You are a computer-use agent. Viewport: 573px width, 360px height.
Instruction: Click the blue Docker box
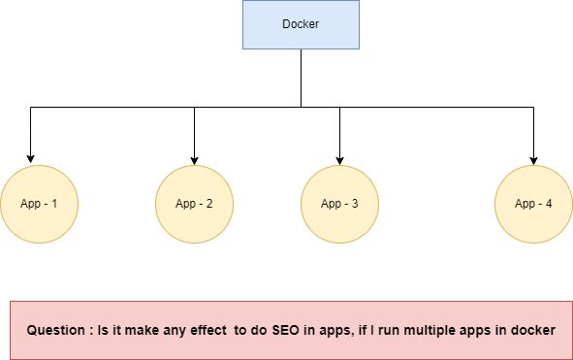[301, 24]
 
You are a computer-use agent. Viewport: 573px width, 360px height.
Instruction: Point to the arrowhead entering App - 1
[30, 158]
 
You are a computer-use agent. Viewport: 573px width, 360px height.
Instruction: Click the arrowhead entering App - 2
[194, 158]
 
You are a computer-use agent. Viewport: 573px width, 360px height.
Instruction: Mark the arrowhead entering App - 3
[339, 158]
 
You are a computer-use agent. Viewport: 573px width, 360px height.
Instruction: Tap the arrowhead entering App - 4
[533, 158]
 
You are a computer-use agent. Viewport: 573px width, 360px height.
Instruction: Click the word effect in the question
[205, 330]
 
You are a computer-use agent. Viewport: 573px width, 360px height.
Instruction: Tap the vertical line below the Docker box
[301, 78]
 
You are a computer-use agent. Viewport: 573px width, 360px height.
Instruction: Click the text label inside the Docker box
[301, 24]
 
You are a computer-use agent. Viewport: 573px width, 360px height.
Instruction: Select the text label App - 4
[533, 204]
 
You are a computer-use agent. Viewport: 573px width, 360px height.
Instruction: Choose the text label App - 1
[39, 204]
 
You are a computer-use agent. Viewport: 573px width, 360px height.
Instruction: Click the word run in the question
[392, 330]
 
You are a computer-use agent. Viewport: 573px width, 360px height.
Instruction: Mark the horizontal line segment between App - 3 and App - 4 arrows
[436, 107]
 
